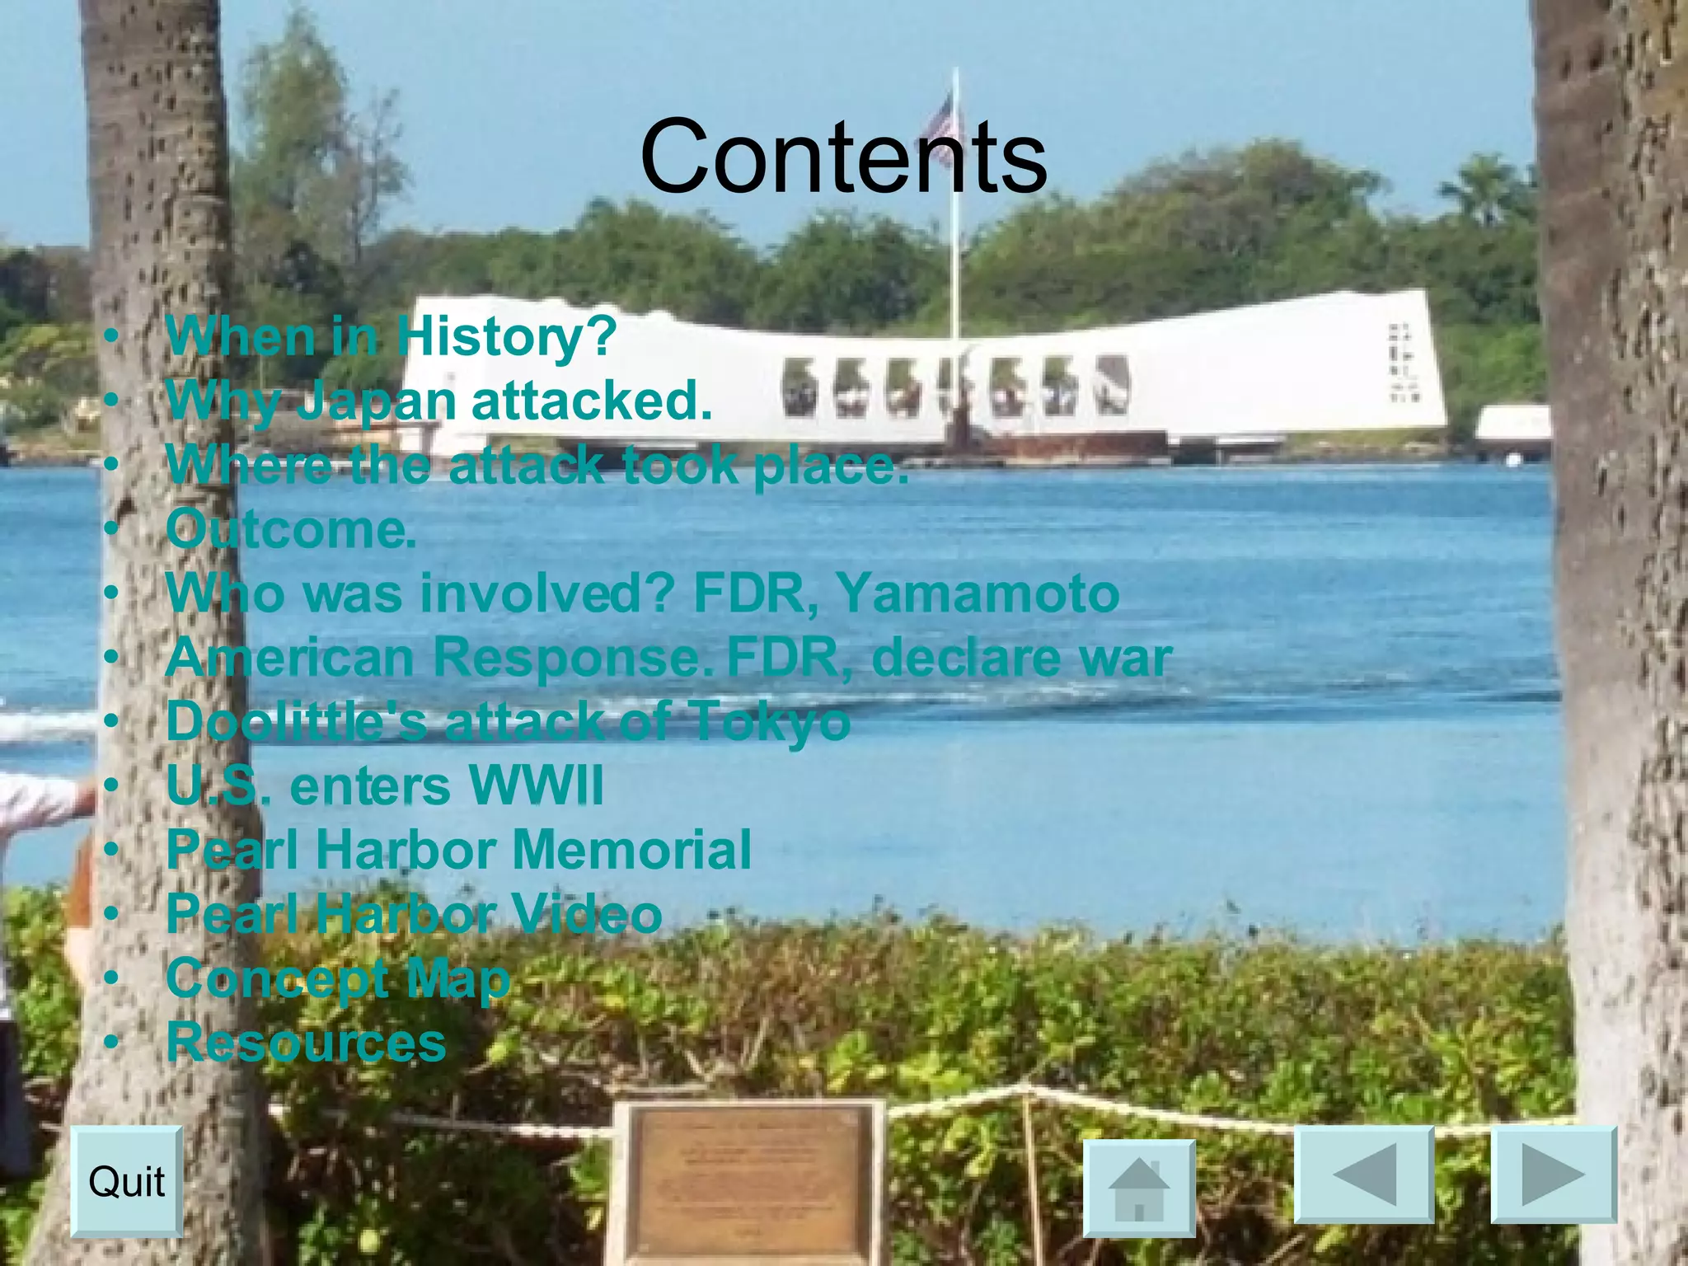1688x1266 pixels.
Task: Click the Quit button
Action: pyautogui.click(x=126, y=1181)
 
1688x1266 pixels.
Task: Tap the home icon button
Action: pyautogui.click(x=1138, y=1189)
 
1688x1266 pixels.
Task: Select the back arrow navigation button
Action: pyautogui.click(x=1363, y=1175)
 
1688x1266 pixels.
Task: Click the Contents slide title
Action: pyautogui.click(x=843, y=156)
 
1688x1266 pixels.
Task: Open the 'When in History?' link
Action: pyautogui.click(x=391, y=337)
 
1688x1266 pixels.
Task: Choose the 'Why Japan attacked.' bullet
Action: pyautogui.click(x=438, y=401)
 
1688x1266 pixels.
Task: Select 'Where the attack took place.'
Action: pyautogui.click(x=537, y=465)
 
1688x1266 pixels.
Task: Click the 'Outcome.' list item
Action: pyautogui.click(x=291, y=529)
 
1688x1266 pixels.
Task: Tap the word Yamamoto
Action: pyautogui.click(x=978, y=593)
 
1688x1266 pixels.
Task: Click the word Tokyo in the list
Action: pyautogui.click(x=770, y=721)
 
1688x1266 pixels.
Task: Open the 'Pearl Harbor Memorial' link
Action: pyautogui.click(x=458, y=850)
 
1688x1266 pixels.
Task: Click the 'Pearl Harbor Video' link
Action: pyautogui.click(x=414, y=914)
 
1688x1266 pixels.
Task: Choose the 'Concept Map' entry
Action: pyautogui.click(x=338, y=978)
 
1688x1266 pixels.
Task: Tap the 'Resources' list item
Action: pyautogui.click(x=306, y=1042)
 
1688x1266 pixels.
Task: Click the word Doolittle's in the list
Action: pyautogui.click(x=297, y=721)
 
